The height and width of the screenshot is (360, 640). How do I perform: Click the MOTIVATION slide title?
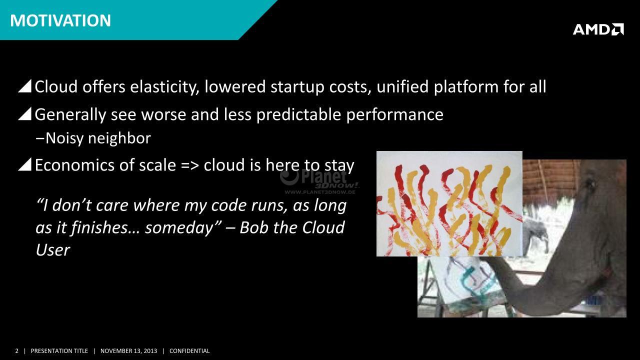tap(60, 20)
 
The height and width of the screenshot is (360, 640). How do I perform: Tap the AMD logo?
tap(598, 29)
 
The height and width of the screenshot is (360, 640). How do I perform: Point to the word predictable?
tap(298, 115)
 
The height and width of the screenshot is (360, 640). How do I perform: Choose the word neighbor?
tap(119, 138)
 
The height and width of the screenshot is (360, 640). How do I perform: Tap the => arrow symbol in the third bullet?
tap(189, 166)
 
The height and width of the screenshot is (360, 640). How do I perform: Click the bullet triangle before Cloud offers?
tap(24, 86)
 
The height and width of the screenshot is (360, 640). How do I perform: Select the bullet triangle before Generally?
tap(24, 114)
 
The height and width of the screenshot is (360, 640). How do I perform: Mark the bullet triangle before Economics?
tap(24, 164)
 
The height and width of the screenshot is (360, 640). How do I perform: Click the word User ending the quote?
tap(52, 250)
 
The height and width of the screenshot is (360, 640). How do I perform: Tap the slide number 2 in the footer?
tap(16, 351)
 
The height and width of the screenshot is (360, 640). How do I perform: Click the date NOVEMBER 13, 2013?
tap(128, 351)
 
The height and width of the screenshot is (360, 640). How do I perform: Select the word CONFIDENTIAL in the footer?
tap(189, 351)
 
